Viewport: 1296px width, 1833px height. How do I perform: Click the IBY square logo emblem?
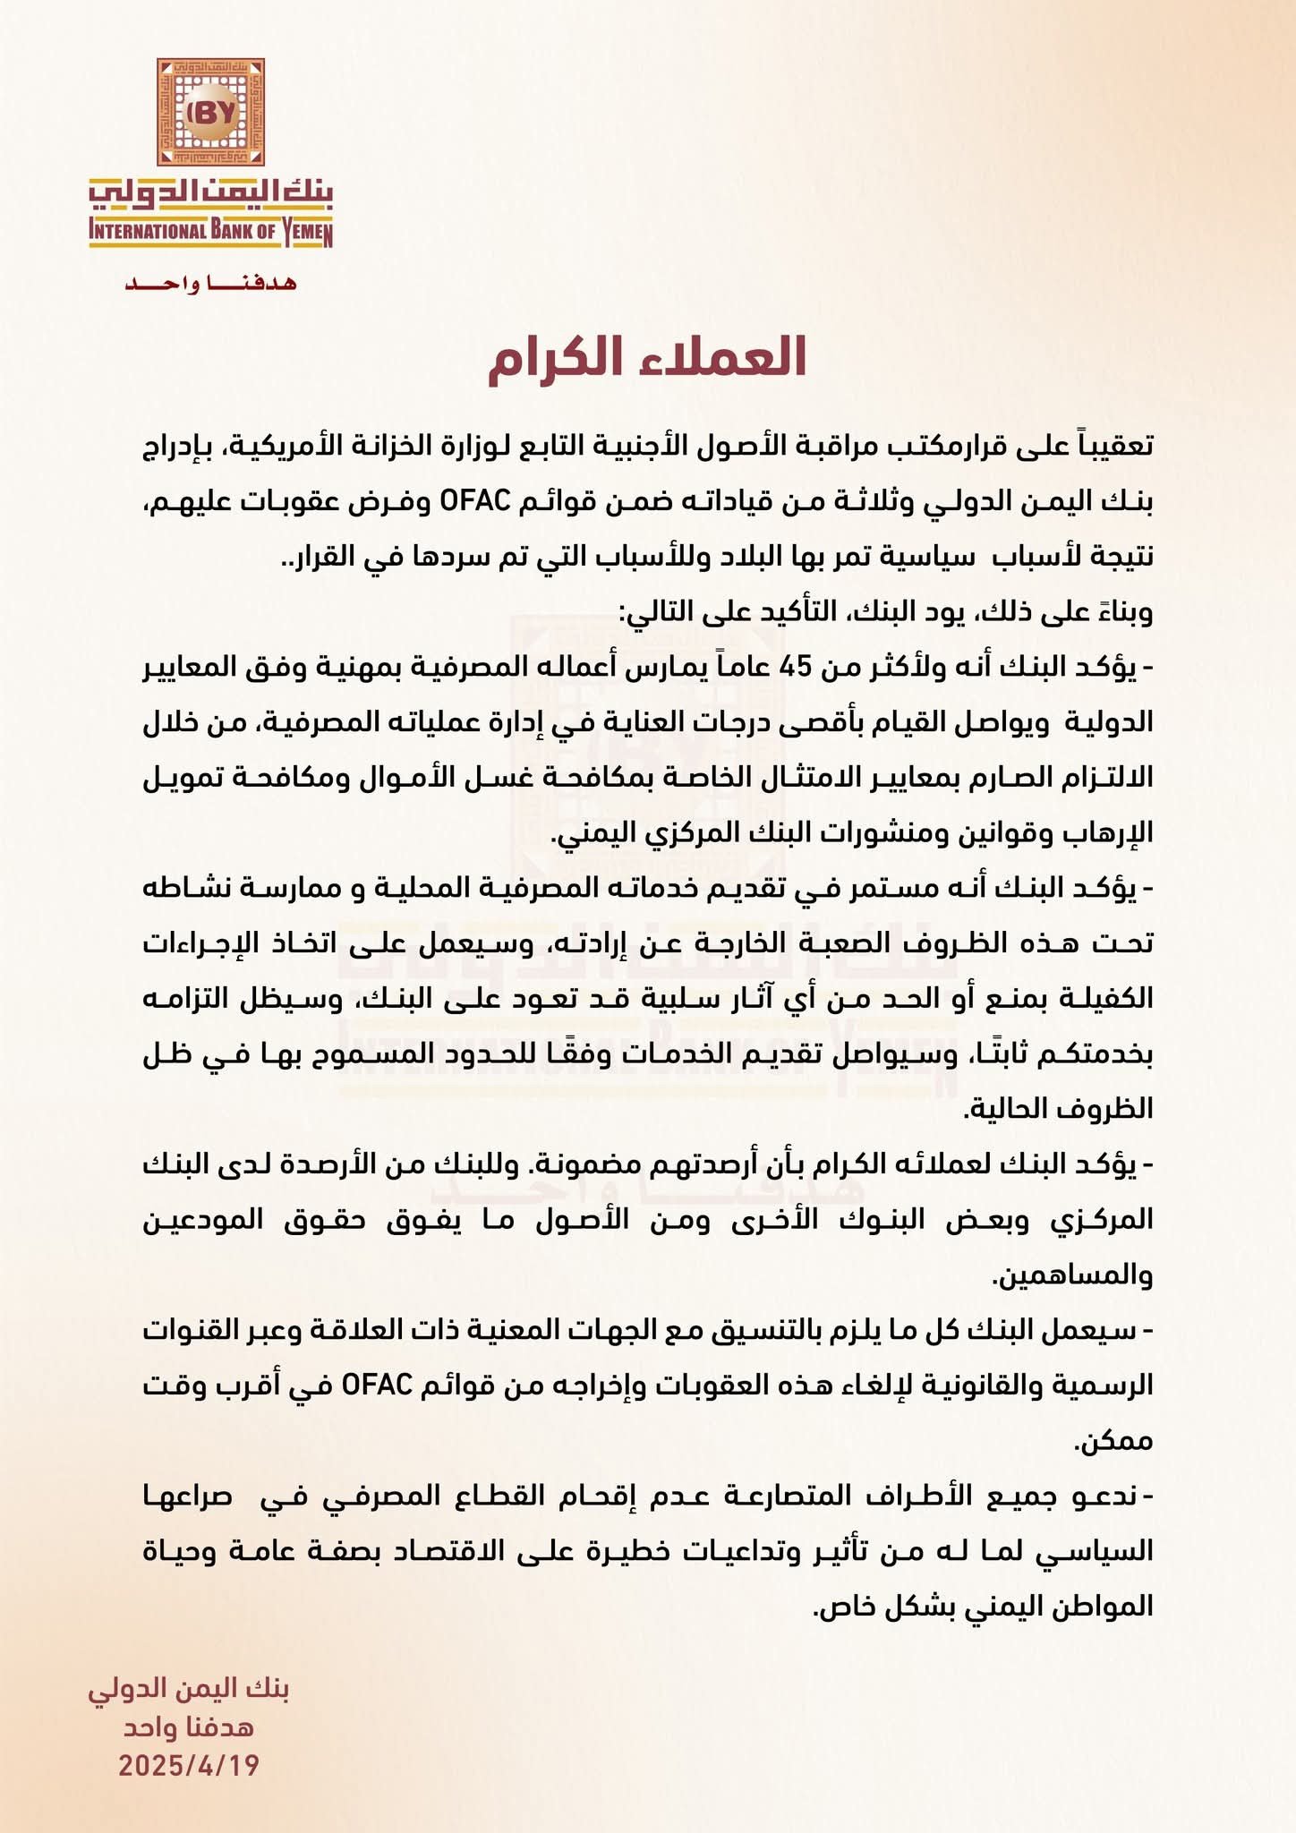(x=211, y=113)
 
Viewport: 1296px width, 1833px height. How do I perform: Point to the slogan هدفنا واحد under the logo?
(x=210, y=284)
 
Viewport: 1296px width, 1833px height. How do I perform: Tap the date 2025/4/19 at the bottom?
(x=190, y=1765)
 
